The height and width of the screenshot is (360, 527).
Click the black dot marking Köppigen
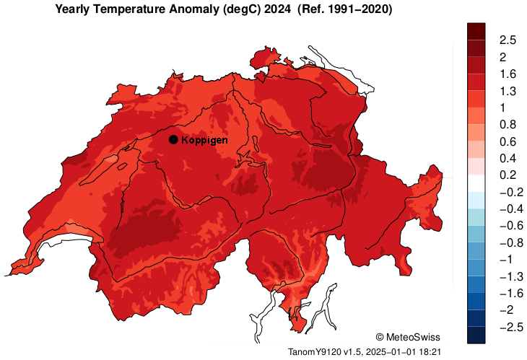coord(173,139)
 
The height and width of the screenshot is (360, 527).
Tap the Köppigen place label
coord(204,140)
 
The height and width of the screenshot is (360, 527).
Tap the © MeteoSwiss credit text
coord(408,337)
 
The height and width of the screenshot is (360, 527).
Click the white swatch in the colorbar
coord(476,183)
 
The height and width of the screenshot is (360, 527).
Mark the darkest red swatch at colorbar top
coord(476,31)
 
